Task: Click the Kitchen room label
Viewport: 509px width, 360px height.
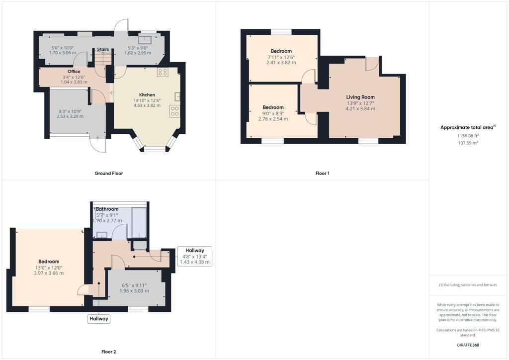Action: tap(147, 94)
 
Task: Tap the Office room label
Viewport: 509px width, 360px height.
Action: tap(74, 72)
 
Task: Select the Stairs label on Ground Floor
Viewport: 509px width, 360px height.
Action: tap(103, 49)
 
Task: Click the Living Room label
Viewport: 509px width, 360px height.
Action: tap(360, 97)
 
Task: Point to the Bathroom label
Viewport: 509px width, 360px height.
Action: tap(107, 209)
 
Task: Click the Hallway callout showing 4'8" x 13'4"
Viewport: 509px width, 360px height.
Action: tap(194, 256)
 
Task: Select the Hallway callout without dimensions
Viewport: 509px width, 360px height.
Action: tap(98, 319)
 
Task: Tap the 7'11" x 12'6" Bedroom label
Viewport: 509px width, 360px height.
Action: tap(281, 51)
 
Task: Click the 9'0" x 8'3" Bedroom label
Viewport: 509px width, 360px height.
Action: tap(273, 107)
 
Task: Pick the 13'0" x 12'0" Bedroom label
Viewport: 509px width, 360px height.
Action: tap(49, 262)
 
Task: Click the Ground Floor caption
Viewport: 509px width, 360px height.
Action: tap(108, 174)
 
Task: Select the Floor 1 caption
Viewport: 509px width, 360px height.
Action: tap(322, 174)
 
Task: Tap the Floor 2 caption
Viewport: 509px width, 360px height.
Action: tap(108, 352)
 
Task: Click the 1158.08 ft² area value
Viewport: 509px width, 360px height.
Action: tap(468, 135)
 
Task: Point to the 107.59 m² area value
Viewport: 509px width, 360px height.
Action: tap(468, 143)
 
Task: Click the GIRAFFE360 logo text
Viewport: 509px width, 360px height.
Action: tap(468, 345)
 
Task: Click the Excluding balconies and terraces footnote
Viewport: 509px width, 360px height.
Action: tap(468, 285)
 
